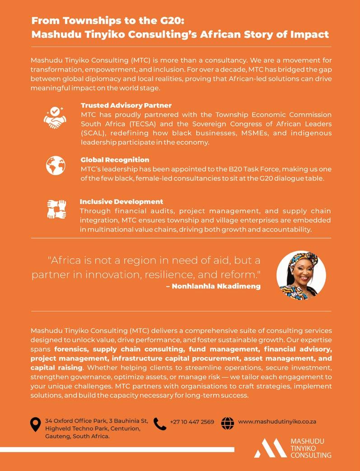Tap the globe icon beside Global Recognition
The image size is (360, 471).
coord(56,165)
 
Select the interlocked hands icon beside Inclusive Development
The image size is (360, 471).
coord(56,209)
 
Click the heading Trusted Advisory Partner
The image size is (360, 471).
coord(126,105)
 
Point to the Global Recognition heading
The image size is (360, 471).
coord(115,160)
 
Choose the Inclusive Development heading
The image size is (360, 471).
coord(122,201)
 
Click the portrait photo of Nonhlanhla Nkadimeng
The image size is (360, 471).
coord(301,274)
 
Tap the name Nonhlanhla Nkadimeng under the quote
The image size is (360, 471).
coord(216,286)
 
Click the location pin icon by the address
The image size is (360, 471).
coord(35,424)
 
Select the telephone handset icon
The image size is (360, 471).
coord(160,424)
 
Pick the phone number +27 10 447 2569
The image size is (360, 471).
coord(192,422)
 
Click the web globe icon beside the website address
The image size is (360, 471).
coord(228,423)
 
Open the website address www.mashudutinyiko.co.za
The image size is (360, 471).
coord(277,421)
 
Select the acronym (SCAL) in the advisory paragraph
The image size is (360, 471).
coord(92,133)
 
